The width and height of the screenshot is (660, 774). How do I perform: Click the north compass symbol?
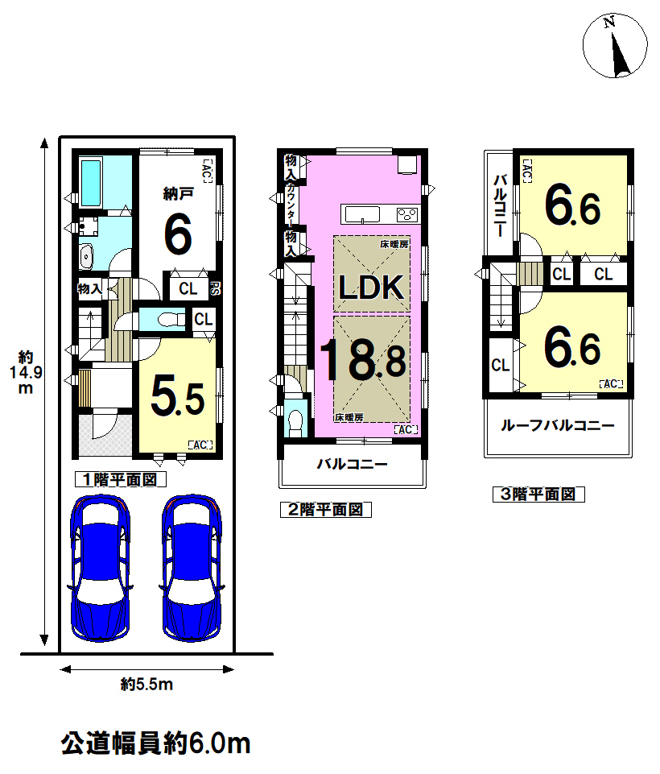tap(615, 45)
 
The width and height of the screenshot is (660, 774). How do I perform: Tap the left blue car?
tap(101, 568)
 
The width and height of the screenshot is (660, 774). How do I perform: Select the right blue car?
tap(192, 568)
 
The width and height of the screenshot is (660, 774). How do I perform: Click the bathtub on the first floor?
tap(91, 183)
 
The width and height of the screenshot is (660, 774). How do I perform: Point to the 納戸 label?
tap(178, 194)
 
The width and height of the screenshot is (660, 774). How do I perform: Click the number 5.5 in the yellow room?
tap(178, 396)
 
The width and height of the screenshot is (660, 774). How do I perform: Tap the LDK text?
tap(371, 287)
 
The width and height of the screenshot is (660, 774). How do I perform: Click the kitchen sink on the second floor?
tap(362, 215)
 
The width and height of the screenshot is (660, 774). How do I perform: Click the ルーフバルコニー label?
tap(558, 425)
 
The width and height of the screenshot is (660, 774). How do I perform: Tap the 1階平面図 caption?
tap(121, 479)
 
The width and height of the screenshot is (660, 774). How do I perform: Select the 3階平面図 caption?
tap(538, 494)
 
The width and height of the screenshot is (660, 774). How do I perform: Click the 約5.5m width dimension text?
tap(147, 685)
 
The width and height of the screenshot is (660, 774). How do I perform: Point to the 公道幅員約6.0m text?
tap(156, 743)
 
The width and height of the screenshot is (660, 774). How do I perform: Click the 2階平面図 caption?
tap(325, 509)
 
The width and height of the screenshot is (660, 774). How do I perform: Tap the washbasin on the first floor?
tap(86, 257)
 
